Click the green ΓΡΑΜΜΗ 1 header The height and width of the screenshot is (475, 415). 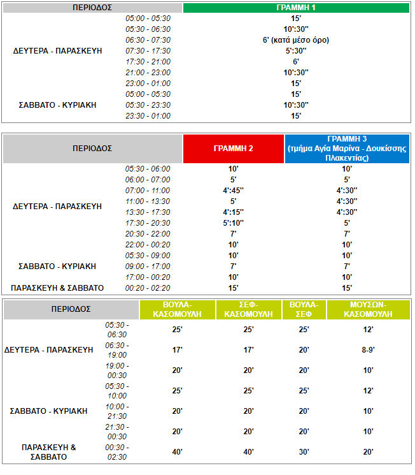(296, 8)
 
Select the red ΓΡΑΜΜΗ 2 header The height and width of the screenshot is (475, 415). (233, 148)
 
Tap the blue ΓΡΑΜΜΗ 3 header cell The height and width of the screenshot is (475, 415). (347, 148)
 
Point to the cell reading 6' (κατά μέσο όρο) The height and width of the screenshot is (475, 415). (296, 40)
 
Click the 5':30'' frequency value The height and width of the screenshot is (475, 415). (296, 50)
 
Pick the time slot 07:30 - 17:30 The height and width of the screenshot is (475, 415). (148, 50)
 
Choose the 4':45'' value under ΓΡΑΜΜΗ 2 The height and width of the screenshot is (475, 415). (233, 190)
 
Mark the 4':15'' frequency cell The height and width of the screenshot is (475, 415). (233, 212)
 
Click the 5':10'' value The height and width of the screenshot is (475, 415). (233, 223)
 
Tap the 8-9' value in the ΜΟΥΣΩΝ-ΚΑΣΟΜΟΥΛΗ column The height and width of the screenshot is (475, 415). (368, 349)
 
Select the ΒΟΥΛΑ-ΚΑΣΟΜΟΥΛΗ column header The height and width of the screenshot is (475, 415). (178, 309)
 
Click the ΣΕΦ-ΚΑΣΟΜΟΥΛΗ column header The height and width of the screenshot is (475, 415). (248, 309)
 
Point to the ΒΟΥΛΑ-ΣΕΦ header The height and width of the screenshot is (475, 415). (304, 309)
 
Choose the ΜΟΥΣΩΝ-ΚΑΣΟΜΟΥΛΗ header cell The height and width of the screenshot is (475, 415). (368, 309)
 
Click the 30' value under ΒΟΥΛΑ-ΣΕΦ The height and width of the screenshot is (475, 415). (304, 452)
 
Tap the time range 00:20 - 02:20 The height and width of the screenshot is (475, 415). (148, 288)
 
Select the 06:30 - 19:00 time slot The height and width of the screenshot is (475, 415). (117, 349)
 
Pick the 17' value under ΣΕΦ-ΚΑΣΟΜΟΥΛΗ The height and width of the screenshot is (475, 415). (248, 349)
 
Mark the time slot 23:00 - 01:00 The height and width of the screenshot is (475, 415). (148, 83)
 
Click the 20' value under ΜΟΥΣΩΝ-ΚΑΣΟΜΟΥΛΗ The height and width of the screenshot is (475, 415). (368, 452)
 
